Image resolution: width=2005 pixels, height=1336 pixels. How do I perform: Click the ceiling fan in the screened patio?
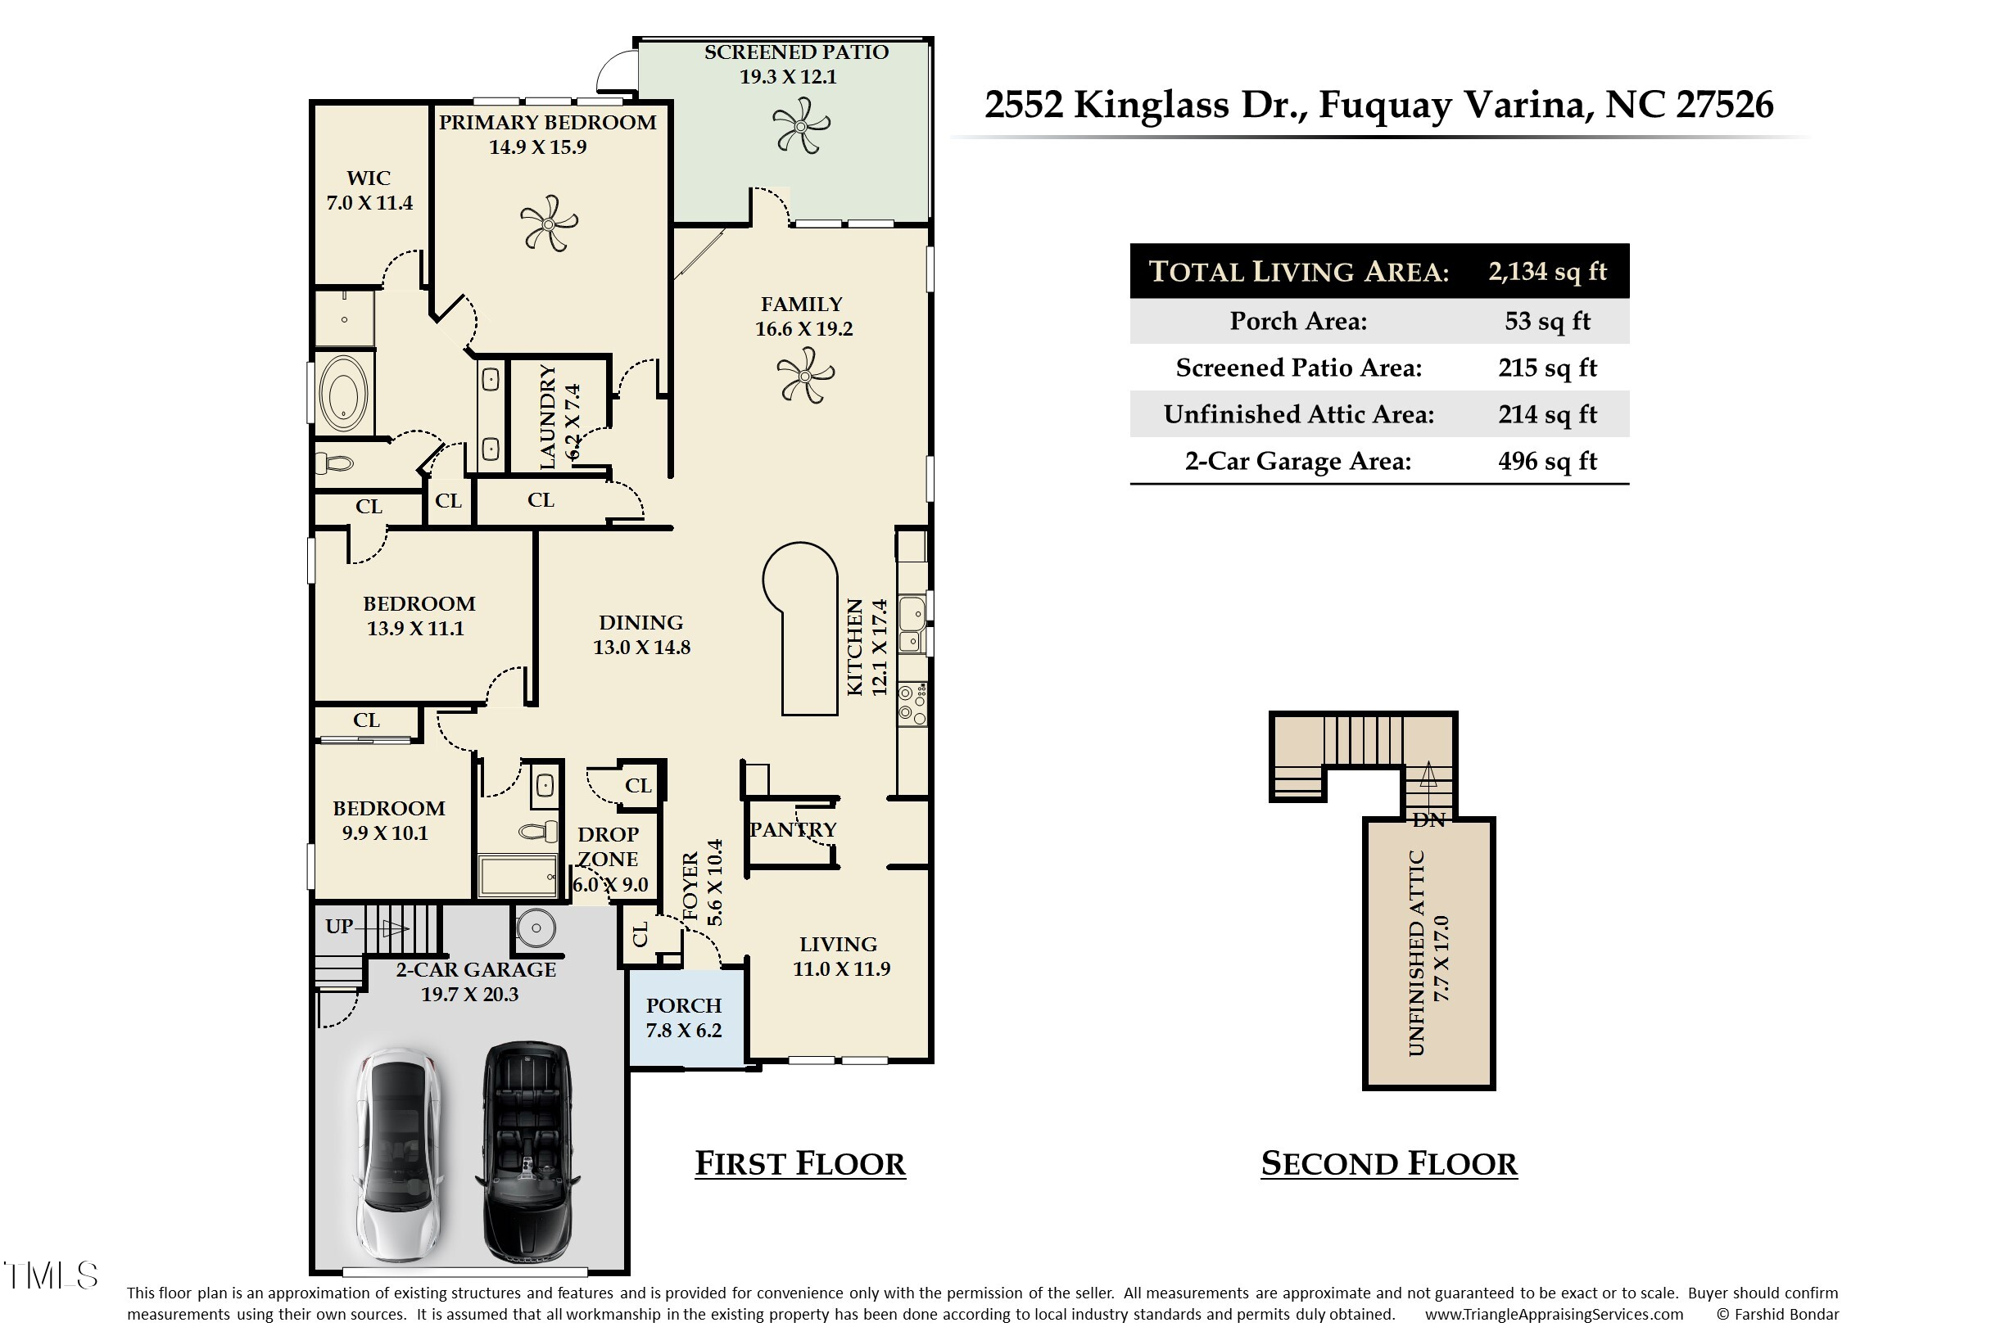point(800,126)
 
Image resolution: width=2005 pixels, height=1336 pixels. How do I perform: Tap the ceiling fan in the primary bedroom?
point(549,223)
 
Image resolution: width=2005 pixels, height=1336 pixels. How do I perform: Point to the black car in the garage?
point(528,1151)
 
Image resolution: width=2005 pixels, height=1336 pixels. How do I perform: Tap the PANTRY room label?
point(793,830)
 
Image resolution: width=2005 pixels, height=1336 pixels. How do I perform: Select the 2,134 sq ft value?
point(1547,272)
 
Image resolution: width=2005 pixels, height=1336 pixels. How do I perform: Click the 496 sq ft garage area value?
point(1547,461)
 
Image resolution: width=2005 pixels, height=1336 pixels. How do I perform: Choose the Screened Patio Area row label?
point(1298,368)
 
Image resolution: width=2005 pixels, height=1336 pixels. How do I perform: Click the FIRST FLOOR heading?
point(800,1164)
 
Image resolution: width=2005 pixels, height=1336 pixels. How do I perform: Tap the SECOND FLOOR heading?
point(1388,1164)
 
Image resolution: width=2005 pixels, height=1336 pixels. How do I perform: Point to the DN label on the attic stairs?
point(1428,820)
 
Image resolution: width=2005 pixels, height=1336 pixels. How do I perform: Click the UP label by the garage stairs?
point(338,926)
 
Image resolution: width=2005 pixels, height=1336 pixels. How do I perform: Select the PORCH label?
point(684,1005)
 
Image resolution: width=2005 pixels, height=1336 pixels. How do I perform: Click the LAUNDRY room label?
point(547,417)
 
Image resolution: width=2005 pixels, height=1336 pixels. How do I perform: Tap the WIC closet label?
point(369,178)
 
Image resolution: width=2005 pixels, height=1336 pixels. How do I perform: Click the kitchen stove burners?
point(912,704)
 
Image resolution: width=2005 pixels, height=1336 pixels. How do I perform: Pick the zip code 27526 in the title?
point(1725,105)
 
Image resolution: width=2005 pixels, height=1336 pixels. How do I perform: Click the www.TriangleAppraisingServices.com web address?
point(1554,1315)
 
